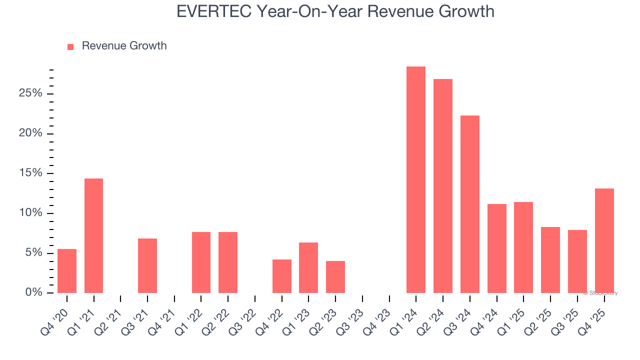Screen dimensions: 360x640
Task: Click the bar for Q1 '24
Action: point(415,179)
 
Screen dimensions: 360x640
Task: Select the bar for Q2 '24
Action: point(442,186)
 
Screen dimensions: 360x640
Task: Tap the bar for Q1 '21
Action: point(93,235)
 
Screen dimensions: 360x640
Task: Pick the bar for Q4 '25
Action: point(604,240)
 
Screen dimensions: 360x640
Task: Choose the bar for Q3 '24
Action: point(469,204)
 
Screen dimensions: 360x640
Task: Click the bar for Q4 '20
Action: point(67,270)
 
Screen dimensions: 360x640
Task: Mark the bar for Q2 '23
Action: point(335,276)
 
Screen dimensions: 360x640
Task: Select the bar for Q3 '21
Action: point(147,265)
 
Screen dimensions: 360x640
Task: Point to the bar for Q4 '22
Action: point(281,276)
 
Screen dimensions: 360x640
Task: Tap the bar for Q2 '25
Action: point(550,259)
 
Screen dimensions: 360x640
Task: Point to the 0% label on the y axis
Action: point(33,292)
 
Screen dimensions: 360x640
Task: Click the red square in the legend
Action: point(70,46)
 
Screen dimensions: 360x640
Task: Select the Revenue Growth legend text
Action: point(124,46)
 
